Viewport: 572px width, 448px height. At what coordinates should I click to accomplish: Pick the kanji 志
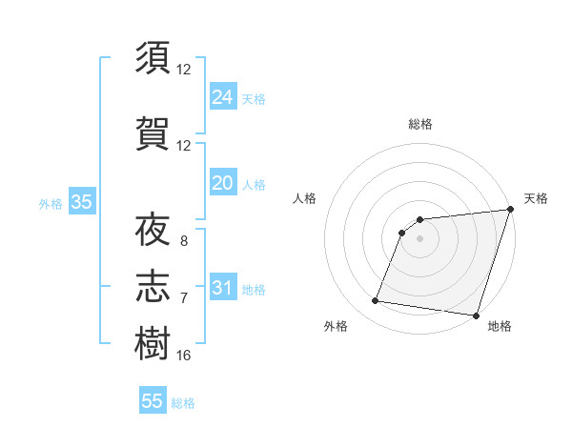[x=153, y=287]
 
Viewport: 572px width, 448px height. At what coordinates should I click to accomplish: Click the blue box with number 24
[x=223, y=96]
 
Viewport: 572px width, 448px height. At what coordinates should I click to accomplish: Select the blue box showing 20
[x=223, y=183]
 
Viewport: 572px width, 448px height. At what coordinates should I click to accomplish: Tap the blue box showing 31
[x=223, y=288]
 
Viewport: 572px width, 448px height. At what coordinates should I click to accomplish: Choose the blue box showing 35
[x=81, y=202]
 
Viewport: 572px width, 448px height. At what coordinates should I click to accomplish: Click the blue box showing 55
[x=153, y=401]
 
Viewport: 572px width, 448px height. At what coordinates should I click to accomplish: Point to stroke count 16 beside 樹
[x=184, y=356]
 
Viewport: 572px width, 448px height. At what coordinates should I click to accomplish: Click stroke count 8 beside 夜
[x=184, y=241]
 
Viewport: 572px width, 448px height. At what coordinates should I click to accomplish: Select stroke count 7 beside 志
[x=184, y=298]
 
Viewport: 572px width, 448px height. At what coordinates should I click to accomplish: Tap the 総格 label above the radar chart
[x=419, y=124]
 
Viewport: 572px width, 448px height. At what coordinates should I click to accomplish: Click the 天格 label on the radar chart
[x=536, y=198]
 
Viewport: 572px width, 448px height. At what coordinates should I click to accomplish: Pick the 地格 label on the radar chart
[x=500, y=326]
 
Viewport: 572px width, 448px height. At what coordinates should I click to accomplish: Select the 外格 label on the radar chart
[x=336, y=326]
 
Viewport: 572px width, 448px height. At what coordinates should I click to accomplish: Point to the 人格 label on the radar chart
[x=304, y=198]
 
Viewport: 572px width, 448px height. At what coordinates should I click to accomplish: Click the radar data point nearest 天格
[x=510, y=210]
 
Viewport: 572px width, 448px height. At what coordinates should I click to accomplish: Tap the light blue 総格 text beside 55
[x=183, y=403]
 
